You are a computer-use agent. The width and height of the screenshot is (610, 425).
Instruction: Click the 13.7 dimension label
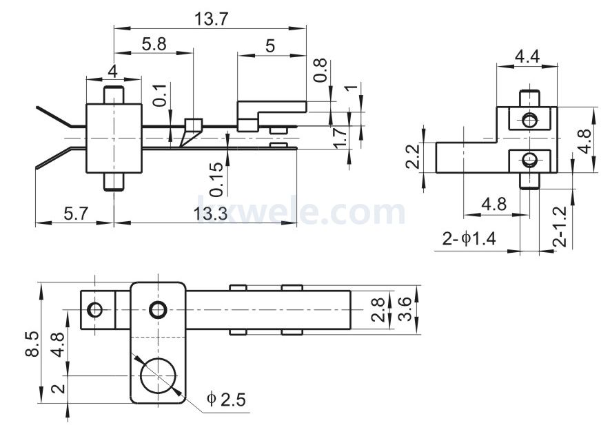coord(211,19)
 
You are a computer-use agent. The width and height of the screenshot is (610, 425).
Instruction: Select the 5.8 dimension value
coord(154,44)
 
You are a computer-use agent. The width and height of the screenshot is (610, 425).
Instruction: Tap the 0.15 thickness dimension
coord(216,179)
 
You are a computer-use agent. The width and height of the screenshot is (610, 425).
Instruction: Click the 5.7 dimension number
coord(76,214)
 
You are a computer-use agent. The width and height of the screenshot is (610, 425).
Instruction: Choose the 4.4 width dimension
coord(527,56)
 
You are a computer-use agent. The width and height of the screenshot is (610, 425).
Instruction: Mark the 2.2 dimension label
coord(412,156)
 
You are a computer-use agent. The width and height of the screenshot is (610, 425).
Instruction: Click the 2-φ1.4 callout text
coord(469,238)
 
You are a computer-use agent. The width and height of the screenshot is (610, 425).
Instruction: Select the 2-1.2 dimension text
coord(560,227)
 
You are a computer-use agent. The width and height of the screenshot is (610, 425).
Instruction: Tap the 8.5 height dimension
coord(32,344)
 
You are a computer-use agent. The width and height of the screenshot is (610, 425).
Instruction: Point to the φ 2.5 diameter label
coord(226,399)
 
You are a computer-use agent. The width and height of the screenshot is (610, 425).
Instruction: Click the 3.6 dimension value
coord(405,309)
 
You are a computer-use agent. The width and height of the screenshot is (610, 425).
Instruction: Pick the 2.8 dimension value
coord(378,309)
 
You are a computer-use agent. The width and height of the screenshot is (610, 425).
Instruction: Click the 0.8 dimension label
coord(320,70)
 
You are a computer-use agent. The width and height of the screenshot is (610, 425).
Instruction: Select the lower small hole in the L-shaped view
coord(529,159)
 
